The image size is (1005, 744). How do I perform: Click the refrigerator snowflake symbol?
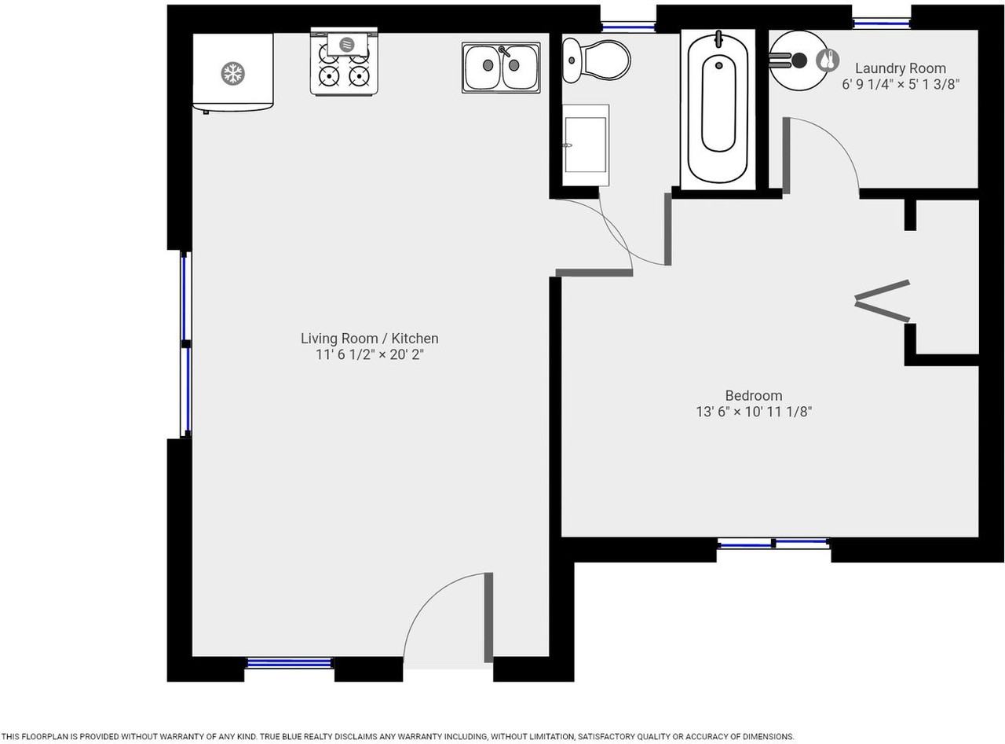[x=232, y=74]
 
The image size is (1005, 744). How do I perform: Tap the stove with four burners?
[x=344, y=63]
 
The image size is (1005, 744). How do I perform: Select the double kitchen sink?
[x=501, y=68]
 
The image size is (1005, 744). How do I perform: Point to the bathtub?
[x=718, y=108]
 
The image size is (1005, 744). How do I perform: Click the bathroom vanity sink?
[x=586, y=145]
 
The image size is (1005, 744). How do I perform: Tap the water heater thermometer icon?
[x=827, y=60]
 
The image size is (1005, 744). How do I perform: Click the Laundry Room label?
[x=900, y=68]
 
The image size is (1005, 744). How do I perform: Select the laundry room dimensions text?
[x=900, y=84]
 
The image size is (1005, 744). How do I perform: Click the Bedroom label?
[x=753, y=395]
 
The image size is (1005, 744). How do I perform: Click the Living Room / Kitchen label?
[x=369, y=339]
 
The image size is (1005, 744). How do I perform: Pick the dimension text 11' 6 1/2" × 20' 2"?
[x=369, y=355]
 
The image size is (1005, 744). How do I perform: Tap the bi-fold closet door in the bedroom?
[x=883, y=301]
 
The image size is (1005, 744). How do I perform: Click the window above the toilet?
[x=628, y=27]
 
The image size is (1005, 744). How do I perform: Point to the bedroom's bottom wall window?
[x=773, y=543]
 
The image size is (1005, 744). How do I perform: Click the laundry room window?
[x=881, y=24]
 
